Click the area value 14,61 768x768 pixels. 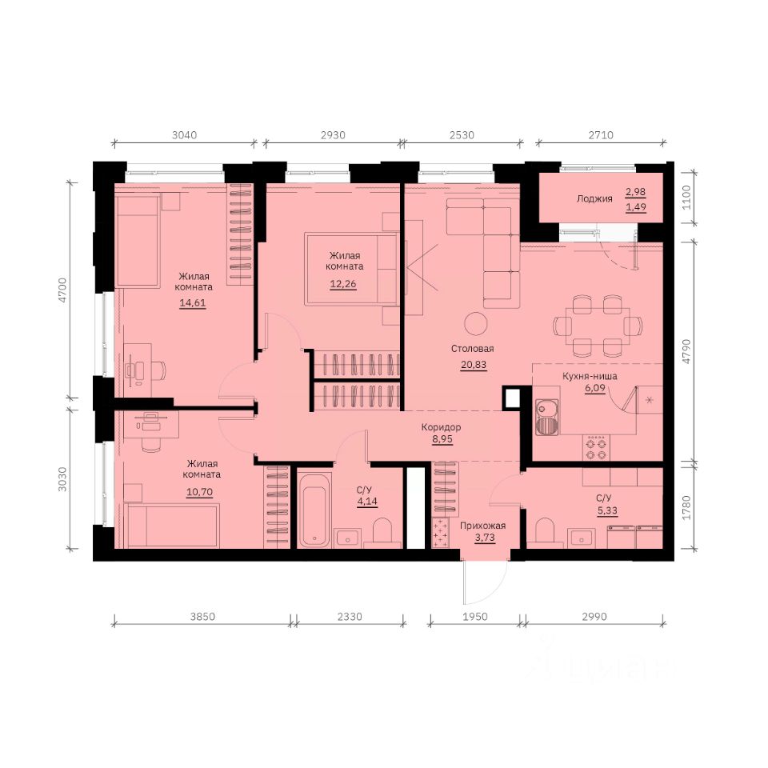(x=193, y=302)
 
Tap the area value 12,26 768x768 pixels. (x=343, y=284)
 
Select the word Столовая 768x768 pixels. (x=473, y=349)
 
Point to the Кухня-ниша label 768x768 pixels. (x=590, y=376)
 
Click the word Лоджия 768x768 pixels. (x=594, y=199)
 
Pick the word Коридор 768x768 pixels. (x=441, y=427)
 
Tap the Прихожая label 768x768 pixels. (x=482, y=526)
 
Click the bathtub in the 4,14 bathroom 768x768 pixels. (x=314, y=510)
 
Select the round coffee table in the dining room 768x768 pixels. (x=476, y=324)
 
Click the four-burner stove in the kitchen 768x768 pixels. (x=596, y=448)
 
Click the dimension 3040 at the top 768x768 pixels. (x=184, y=134)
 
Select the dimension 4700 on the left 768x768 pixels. (x=62, y=290)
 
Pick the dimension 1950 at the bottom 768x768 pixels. (x=475, y=616)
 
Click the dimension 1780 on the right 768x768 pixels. (x=686, y=508)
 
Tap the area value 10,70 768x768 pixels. (x=199, y=492)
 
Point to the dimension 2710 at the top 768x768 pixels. (x=601, y=134)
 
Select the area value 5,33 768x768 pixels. (x=607, y=510)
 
